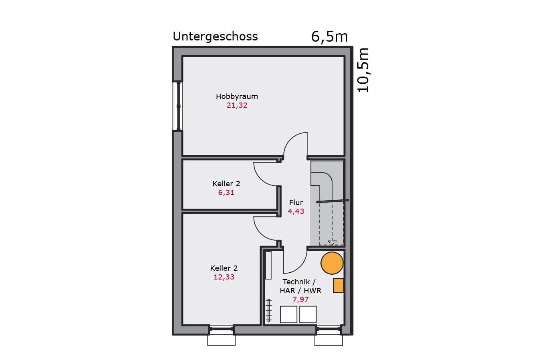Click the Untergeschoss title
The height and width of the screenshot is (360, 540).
[x=215, y=37]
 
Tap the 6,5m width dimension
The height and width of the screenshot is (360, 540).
[x=330, y=37]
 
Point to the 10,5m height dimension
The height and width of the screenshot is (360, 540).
[x=363, y=70]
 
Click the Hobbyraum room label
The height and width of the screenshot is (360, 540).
[x=237, y=97]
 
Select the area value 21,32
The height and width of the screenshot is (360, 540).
[x=237, y=105]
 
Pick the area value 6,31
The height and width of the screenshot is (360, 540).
[x=226, y=193]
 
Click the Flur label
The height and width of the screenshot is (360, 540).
[x=296, y=202]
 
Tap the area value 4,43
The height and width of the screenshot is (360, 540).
[x=296, y=211]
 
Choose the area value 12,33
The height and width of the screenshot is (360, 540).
[x=224, y=277]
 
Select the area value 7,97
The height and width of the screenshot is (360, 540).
[x=300, y=300]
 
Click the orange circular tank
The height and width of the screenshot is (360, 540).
[x=332, y=263]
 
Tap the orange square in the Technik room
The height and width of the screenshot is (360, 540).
[x=339, y=286]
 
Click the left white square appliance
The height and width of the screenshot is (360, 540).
[x=288, y=314]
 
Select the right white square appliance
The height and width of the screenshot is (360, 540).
[x=308, y=314]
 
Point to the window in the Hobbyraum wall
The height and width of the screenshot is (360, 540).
[x=178, y=106]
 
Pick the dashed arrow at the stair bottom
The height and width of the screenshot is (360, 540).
[x=332, y=242]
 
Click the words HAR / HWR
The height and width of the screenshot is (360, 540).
[x=300, y=291]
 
